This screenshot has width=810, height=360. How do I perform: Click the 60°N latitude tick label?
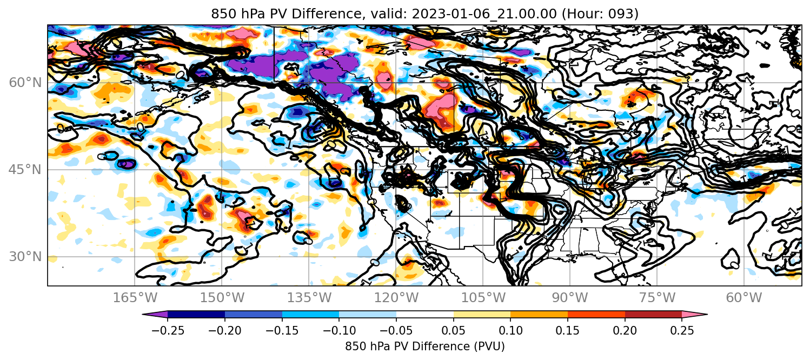[25, 83]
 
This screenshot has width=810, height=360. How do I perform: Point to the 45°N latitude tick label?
[25, 170]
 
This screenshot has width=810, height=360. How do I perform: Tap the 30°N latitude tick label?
[25, 257]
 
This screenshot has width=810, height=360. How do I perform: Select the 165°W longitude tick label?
[135, 298]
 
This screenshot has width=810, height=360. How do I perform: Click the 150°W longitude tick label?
[222, 298]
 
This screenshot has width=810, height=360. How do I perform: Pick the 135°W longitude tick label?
[309, 298]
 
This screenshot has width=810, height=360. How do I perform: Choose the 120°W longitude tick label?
[396, 298]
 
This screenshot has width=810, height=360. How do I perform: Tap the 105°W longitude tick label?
[483, 298]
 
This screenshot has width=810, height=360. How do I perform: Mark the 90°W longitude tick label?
[570, 298]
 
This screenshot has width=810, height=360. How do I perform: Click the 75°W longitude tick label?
[657, 298]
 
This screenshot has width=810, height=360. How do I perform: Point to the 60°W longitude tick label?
[744, 298]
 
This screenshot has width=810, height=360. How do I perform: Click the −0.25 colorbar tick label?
[168, 330]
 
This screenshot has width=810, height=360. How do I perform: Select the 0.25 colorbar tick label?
[682, 330]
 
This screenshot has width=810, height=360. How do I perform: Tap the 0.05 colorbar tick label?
[454, 330]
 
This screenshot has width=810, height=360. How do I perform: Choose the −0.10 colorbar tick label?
[339, 330]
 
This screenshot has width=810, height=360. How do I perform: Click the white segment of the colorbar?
[425, 315]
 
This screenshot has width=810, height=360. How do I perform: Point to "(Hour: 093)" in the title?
[600, 14]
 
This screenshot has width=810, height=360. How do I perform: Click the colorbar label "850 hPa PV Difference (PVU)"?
[424, 346]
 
